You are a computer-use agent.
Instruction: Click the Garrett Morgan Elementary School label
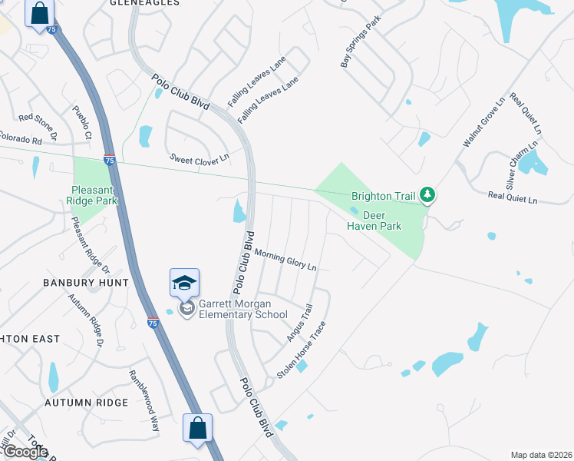(x=243, y=309)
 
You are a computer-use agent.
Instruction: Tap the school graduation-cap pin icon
(x=184, y=284)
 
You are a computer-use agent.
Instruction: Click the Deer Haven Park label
(x=374, y=221)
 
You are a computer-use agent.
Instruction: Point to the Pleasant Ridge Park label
(x=94, y=195)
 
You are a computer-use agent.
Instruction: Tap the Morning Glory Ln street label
(x=285, y=260)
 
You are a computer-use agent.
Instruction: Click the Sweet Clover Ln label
(x=200, y=158)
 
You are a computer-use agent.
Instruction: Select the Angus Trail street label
(x=300, y=323)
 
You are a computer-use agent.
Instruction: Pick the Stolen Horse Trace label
(x=302, y=350)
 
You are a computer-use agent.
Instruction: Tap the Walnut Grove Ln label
(x=483, y=122)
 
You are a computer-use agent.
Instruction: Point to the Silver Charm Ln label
(x=521, y=164)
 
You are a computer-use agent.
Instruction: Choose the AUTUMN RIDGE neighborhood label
(x=86, y=403)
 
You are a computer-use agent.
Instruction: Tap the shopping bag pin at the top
(x=39, y=13)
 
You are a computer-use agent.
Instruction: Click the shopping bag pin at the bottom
(x=197, y=427)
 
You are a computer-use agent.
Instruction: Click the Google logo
(x=25, y=452)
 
